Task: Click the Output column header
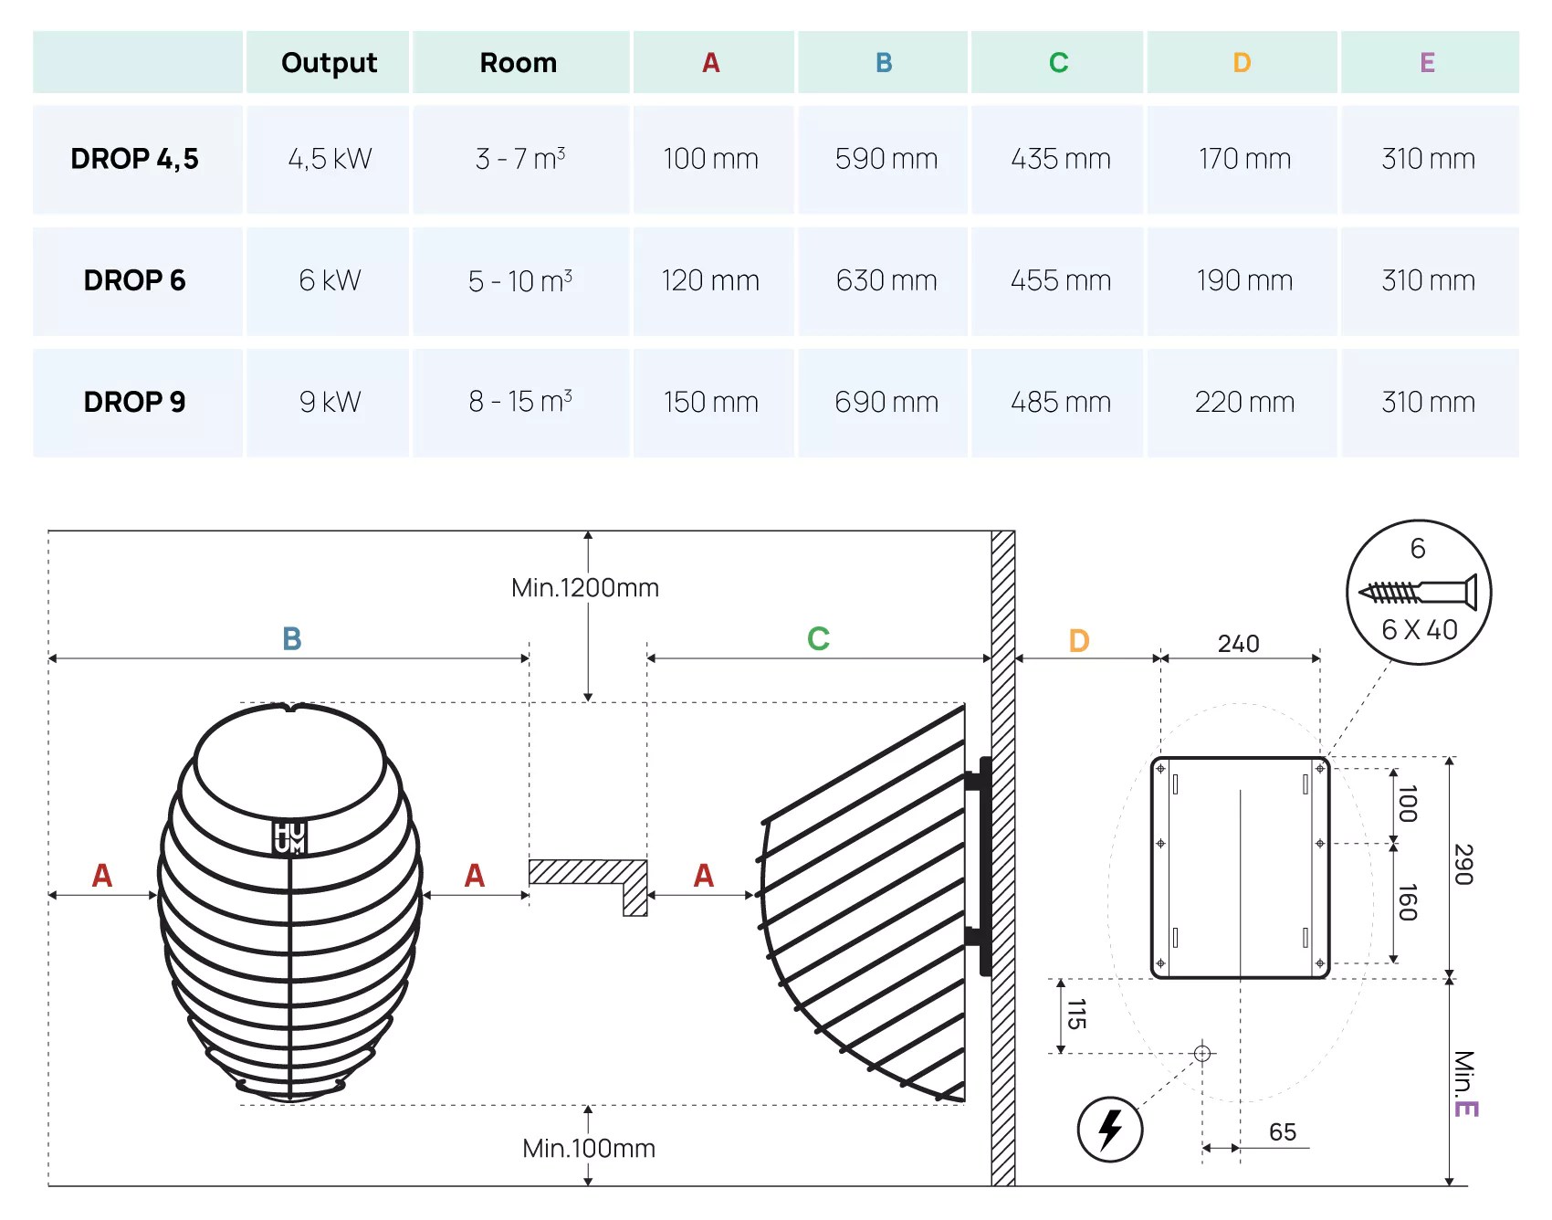point(329,62)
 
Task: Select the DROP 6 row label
point(134,280)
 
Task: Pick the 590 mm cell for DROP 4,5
point(886,159)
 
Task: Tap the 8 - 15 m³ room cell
point(520,402)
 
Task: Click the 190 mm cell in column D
point(1243,280)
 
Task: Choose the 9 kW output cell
point(330,402)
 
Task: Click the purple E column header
point(1427,62)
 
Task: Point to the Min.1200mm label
point(584,587)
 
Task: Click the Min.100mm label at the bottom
point(588,1148)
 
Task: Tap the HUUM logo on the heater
point(289,837)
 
